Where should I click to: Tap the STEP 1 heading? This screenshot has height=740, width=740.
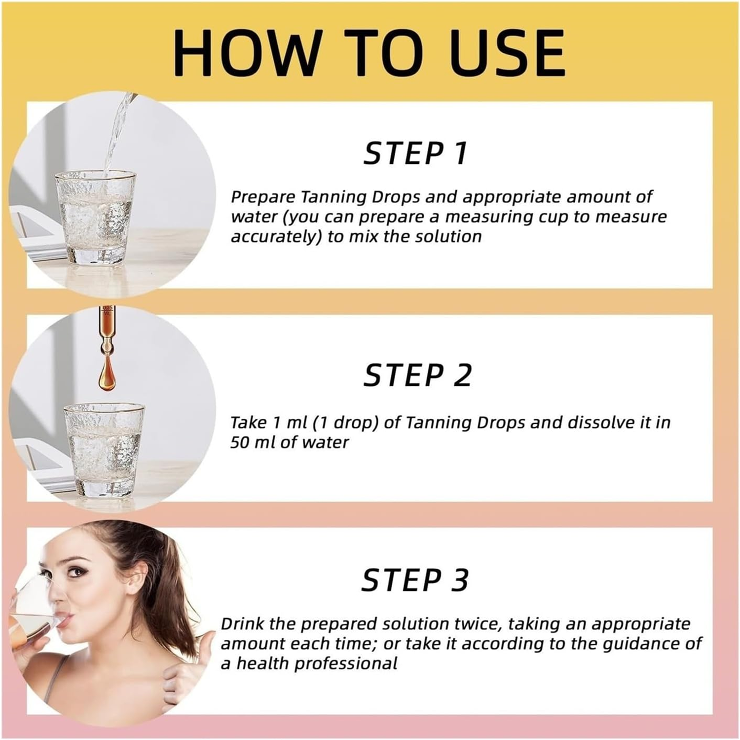(x=415, y=153)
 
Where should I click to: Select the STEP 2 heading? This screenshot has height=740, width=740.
(x=418, y=375)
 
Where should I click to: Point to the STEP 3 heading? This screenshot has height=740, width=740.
(x=415, y=580)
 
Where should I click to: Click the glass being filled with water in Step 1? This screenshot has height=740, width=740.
(x=96, y=217)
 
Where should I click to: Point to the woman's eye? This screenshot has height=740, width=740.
(x=77, y=572)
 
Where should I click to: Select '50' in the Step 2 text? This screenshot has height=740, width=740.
(x=240, y=443)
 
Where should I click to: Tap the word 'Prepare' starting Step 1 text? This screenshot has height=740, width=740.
(x=263, y=197)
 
